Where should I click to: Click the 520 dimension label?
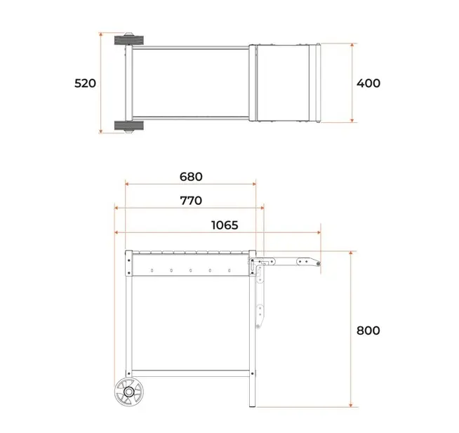(x=85, y=84)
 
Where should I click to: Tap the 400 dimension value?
(x=368, y=84)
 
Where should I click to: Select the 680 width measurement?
(x=191, y=177)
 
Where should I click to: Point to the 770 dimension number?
(x=191, y=201)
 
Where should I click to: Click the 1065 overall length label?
(x=225, y=225)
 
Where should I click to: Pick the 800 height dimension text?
(x=368, y=331)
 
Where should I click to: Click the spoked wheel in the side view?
(x=129, y=392)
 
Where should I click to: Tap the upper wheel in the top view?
(x=129, y=40)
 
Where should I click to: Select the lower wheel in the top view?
(x=129, y=126)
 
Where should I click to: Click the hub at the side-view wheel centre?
(x=129, y=392)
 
